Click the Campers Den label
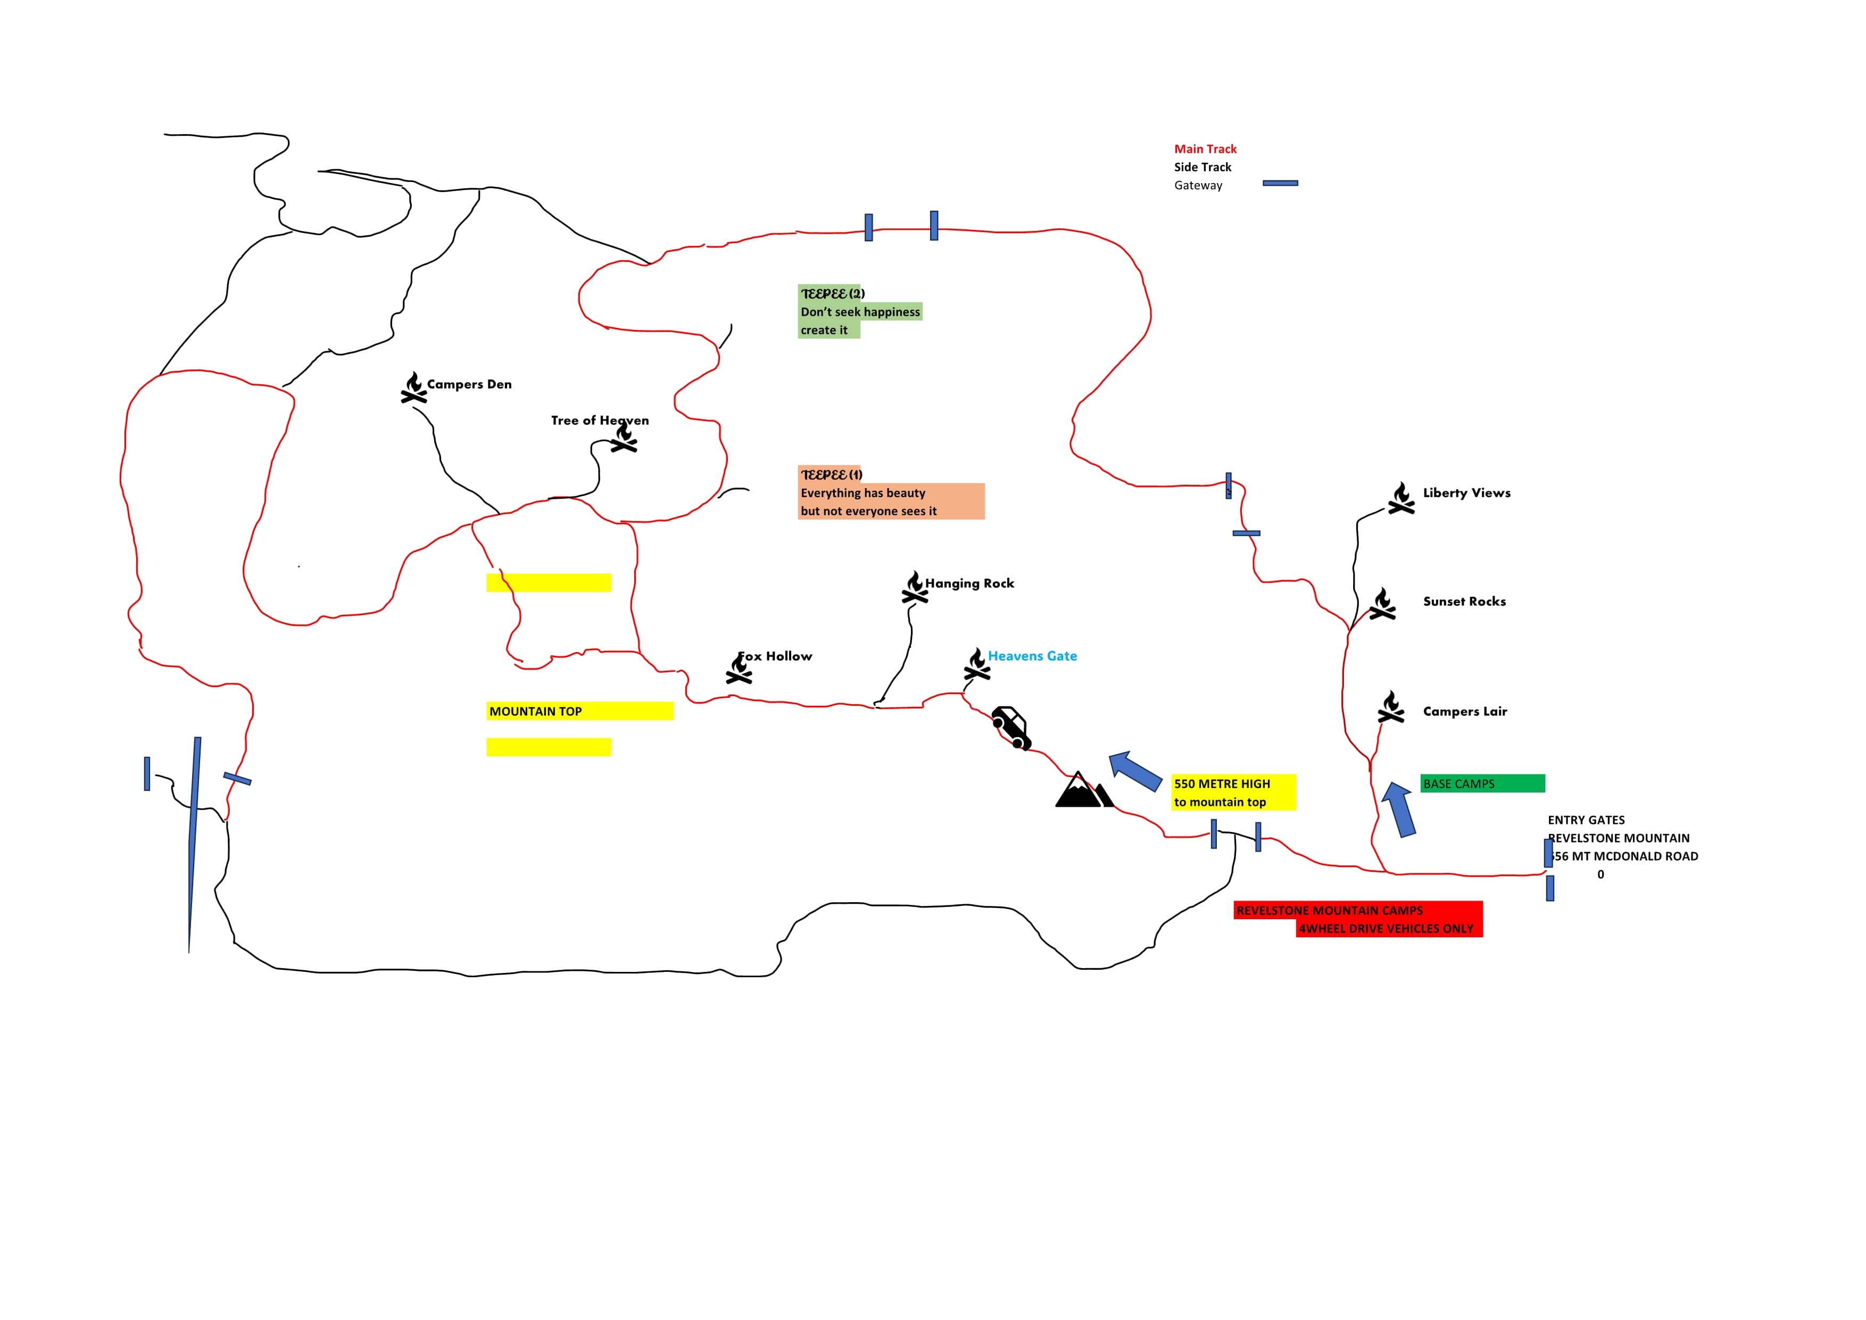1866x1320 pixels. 469,384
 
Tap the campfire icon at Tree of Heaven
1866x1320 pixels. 624,439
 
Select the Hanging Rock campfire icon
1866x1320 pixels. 914,588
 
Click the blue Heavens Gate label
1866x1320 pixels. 1032,656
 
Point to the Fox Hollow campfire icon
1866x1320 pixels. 739,669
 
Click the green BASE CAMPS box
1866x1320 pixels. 1482,783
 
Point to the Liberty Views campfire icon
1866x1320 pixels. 1401,498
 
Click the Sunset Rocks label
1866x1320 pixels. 1464,601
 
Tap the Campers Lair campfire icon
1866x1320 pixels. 1390,707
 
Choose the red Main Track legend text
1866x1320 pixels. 1205,148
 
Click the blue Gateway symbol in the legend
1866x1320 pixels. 1280,184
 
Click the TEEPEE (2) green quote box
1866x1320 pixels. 859,312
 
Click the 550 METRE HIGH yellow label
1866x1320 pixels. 1233,793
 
